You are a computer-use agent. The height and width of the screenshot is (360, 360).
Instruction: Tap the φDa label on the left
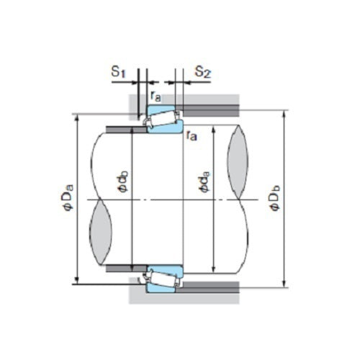pos(67,198)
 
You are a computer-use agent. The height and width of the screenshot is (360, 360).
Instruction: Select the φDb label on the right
pos(276,198)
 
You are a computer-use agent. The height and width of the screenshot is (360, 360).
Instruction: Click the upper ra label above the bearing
pos(156,94)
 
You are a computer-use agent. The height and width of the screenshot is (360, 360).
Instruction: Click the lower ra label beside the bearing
pos(192,136)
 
